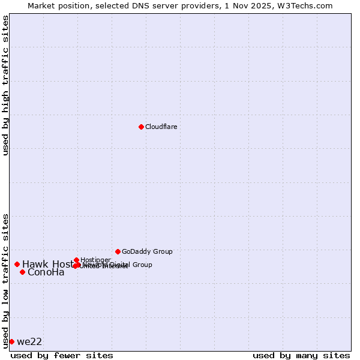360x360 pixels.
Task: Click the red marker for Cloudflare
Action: pyautogui.click(x=141, y=127)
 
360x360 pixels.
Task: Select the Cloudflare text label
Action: pyautogui.click(x=161, y=127)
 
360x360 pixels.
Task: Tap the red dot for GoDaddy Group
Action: pyautogui.click(x=118, y=251)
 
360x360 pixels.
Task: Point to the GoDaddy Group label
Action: pyautogui.click(x=147, y=251)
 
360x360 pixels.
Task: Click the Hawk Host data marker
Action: pyautogui.click(x=17, y=264)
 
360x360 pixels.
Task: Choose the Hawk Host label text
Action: pyautogui.click(x=47, y=264)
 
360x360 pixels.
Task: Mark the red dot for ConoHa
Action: pyautogui.click(x=22, y=272)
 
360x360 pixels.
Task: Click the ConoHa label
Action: pyautogui.click(x=46, y=272)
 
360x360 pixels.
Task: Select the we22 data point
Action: pyautogui.click(x=11, y=341)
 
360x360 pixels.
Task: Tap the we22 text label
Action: pyautogui.click(x=29, y=341)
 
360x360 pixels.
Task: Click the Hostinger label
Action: pyautogui.click(x=95, y=260)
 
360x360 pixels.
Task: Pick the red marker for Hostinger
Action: pyautogui.click(x=76, y=260)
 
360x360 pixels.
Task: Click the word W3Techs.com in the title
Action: pyautogui.click(x=309, y=5)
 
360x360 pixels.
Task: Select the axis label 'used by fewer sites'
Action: pyautogui.click(x=62, y=355)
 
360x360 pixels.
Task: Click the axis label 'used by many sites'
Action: pyautogui.click(x=301, y=355)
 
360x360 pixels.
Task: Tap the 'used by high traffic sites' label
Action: pyautogui.click(x=5, y=85)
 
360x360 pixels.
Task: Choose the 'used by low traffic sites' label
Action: pyautogui.click(x=5, y=281)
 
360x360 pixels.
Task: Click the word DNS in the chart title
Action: pyautogui.click(x=143, y=5)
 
